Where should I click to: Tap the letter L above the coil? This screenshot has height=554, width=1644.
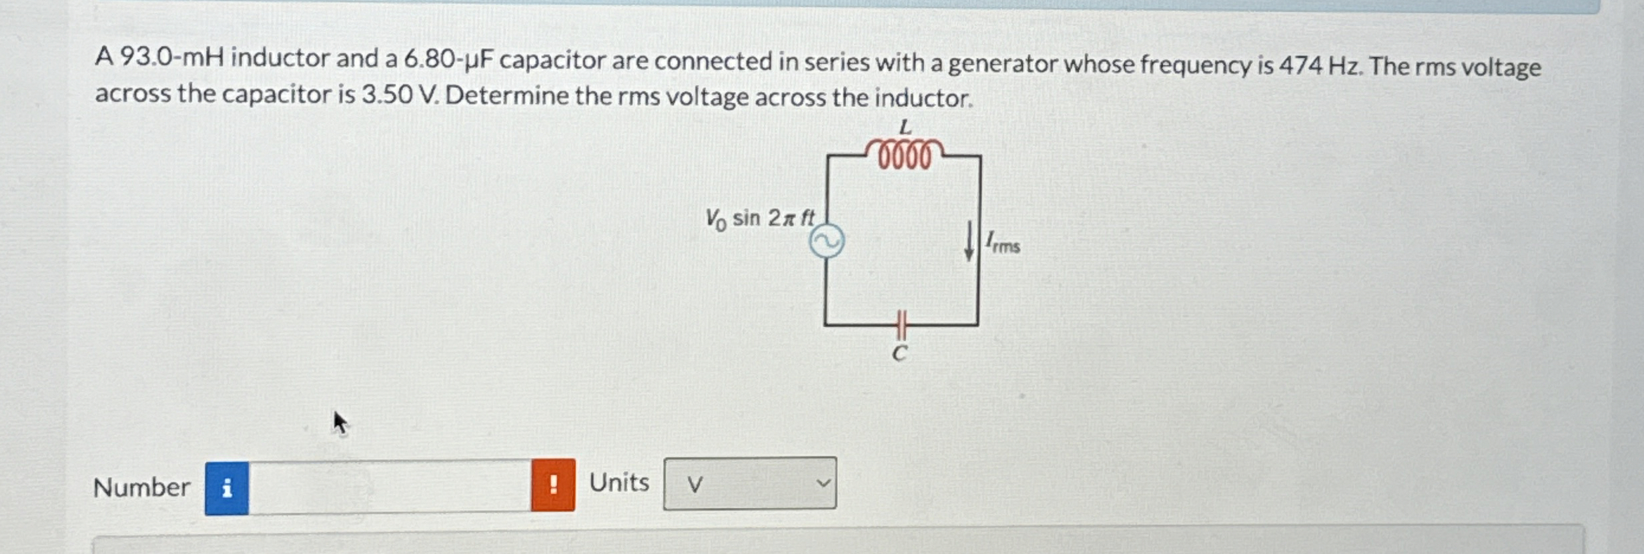coord(905,126)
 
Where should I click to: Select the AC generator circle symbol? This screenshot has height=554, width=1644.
coord(827,242)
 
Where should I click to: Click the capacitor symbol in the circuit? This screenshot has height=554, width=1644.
coord(901,325)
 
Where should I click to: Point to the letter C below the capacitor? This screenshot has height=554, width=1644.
coord(899,354)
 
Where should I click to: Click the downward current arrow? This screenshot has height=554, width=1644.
coord(969,242)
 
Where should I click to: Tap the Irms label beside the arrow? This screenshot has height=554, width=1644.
coord(1003,242)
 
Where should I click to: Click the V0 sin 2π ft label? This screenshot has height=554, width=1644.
coord(760,218)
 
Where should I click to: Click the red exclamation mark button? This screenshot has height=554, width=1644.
coord(553,485)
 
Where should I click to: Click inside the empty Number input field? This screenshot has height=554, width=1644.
coord(390,487)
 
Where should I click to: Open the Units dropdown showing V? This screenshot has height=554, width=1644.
coord(749,483)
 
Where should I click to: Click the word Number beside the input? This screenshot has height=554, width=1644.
coord(141,487)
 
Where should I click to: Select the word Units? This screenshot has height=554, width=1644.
coord(619,482)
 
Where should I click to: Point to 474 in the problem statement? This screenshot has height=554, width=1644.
coord(1300,65)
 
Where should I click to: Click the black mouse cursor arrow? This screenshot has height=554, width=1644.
coord(340,423)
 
